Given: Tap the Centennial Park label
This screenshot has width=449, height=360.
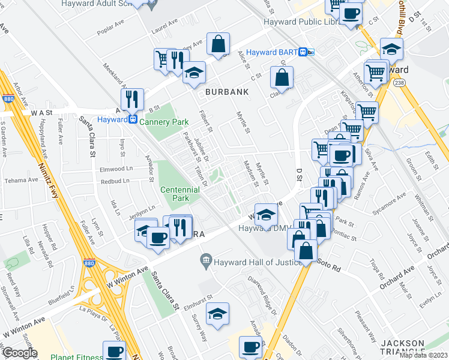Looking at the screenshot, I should click(x=179, y=194).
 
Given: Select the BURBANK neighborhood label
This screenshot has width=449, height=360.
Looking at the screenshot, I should click(x=227, y=92).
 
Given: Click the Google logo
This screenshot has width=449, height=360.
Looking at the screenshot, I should click(x=19, y=353).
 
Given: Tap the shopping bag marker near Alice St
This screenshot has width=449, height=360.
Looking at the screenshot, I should click(x=218, y=44).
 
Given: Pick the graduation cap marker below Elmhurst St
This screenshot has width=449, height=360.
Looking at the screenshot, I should click(x=217, y=314).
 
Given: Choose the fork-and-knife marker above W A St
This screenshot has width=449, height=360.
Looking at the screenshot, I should click(x=131, y=99).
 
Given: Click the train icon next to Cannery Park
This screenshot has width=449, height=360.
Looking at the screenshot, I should click(x=132, y=119).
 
